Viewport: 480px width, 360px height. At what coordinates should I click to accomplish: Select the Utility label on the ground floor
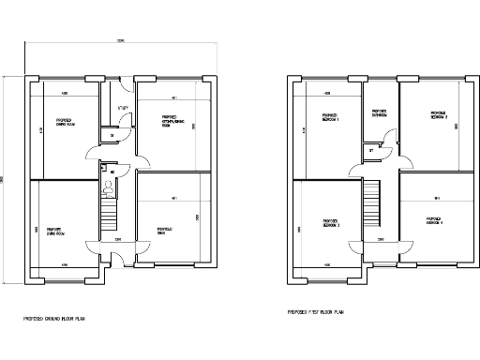click(123, 108)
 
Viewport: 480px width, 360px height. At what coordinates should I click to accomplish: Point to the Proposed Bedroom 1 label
click(330, 120)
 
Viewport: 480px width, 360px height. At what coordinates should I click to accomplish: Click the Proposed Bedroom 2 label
click(439, 115)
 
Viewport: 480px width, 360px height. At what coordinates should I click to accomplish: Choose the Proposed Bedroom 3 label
click(330, 225)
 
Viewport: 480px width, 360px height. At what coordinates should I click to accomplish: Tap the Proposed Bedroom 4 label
click(435, 222)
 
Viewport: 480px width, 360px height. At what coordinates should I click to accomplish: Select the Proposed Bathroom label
click(381, 114)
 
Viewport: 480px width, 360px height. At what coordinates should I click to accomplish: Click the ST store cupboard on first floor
click(372, 150)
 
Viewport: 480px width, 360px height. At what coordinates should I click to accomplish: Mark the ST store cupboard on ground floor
click(112, 137)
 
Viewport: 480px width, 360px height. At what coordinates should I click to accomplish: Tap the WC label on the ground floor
click(113, 172)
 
